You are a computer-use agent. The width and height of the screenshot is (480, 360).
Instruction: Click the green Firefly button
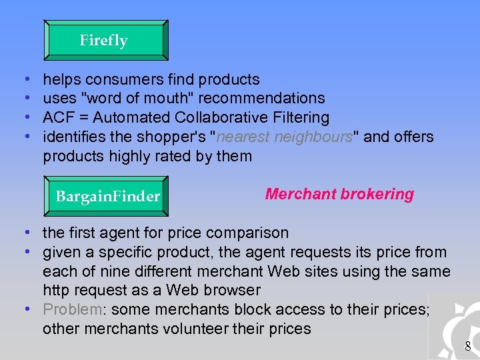click(105, 41)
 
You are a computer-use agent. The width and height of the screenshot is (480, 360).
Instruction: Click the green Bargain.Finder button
click(107, 196)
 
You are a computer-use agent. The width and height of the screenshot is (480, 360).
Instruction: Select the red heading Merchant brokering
click(339, 194)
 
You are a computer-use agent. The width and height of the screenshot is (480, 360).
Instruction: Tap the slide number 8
click(468, 346)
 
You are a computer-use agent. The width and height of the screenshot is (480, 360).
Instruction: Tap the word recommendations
click(261, 99)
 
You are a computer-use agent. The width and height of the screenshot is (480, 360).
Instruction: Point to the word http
click(57, 291)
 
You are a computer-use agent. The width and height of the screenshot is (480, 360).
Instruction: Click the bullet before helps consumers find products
click(24, 79)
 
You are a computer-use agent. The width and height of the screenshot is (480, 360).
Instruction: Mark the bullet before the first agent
click(24, 233)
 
